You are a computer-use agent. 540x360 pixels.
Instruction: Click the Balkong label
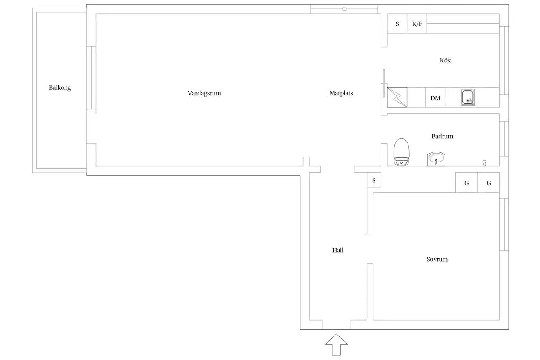pos(60,88)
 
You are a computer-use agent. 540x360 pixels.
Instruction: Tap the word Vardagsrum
pos(204,93)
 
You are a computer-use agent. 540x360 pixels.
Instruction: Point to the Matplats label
pos(341,93)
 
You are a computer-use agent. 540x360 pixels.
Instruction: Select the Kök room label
pos(445,60)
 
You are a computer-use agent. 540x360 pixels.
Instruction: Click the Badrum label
pos(442,136)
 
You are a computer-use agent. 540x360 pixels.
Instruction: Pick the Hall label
pos(338,250)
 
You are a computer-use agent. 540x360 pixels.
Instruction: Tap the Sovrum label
pos(437,259)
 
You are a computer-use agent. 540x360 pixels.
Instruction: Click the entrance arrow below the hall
pos(336,344)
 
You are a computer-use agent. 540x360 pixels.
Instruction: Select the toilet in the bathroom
pos(401,152)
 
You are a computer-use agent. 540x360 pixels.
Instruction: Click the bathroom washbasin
pos(436,159)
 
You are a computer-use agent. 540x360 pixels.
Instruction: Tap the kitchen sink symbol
pos(468,97)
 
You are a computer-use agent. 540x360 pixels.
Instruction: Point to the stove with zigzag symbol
pos(397,97)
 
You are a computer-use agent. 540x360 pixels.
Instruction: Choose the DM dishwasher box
pos(435,97)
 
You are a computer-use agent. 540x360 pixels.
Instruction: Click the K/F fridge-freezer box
pos(417,23)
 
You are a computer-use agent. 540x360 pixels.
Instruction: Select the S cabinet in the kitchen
pos(397,23)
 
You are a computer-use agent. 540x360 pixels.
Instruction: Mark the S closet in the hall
pos(374,180)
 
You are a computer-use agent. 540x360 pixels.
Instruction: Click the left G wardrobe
pos(467,182)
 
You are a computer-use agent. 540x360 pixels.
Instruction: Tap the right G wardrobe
pos(489,182)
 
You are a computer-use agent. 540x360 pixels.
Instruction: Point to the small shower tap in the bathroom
pos(484,163)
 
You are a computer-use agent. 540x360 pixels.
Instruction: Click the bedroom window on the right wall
pos(504,225)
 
